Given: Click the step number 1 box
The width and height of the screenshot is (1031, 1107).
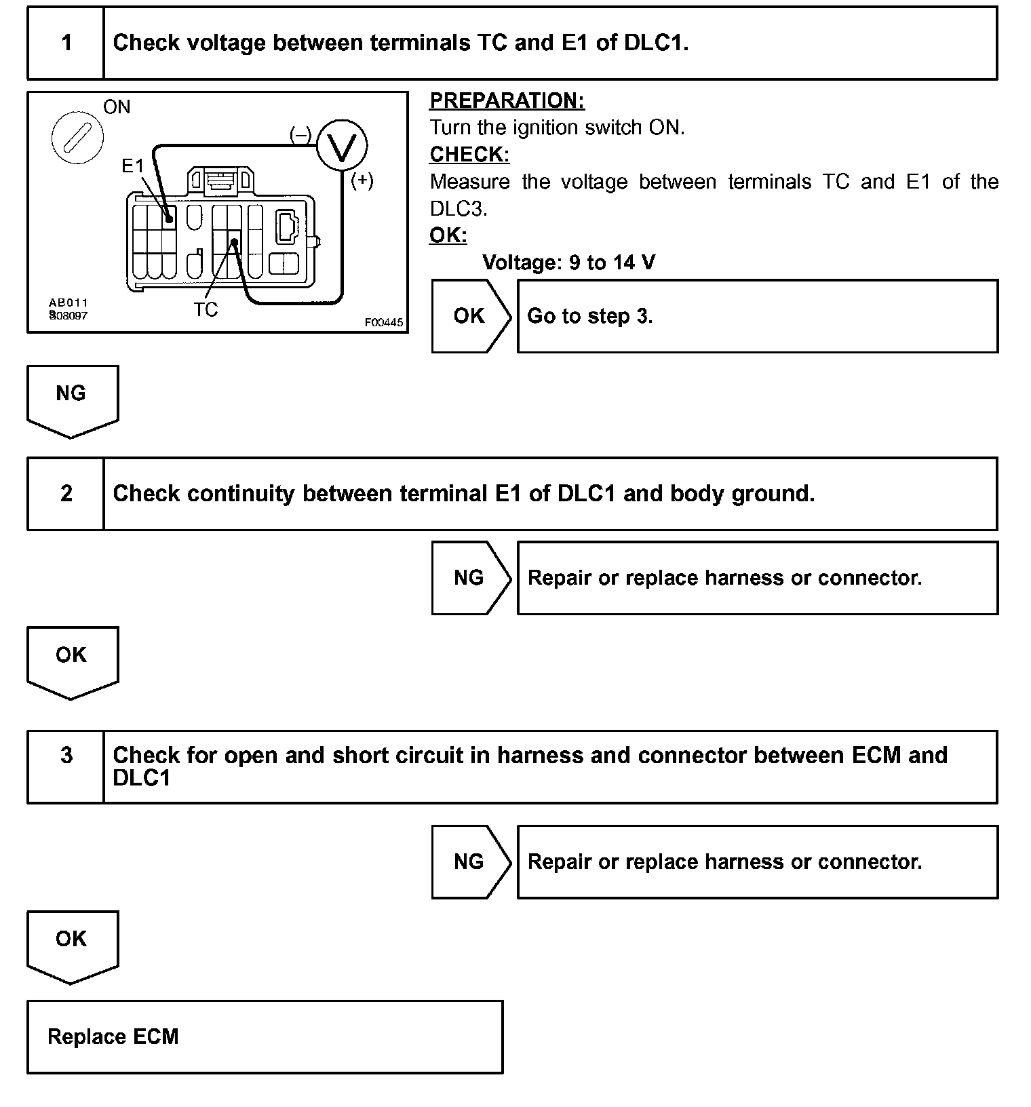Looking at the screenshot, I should [66, 43].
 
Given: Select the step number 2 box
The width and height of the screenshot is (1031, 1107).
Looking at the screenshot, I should [66, 493].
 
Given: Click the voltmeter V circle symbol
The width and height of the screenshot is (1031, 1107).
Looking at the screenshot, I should [342, 145].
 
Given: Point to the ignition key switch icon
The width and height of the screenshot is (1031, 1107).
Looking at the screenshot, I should [77, 138].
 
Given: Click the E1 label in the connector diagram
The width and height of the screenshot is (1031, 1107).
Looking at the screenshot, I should [134, 166].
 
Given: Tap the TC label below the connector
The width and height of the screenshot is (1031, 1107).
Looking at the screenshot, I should [206, 310].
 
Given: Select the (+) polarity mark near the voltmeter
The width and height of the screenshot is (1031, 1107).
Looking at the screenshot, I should [362, 180].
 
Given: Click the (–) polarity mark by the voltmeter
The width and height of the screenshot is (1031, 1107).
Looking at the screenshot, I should [300, 134].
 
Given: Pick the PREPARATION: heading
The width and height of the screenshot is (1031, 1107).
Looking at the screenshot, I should [507, 100].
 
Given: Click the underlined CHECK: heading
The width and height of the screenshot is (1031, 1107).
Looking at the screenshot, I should [469, 155].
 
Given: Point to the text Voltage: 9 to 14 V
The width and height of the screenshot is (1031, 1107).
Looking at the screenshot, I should [568, 263].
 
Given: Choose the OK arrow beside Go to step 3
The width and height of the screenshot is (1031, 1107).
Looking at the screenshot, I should [470, 316].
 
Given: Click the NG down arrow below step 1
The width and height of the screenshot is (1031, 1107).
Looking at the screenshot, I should [72, 400].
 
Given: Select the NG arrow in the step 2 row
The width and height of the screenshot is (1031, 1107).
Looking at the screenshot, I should [470, 578].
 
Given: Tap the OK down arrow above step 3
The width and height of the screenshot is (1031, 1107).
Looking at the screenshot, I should [72, 661].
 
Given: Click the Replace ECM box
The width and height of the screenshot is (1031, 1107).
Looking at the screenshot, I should [265, 1036].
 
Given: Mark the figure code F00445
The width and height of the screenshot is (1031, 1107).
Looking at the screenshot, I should [384, 323].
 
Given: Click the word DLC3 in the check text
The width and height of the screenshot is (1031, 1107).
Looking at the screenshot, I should [459, 209].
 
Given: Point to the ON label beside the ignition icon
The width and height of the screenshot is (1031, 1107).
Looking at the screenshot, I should [117, 107].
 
